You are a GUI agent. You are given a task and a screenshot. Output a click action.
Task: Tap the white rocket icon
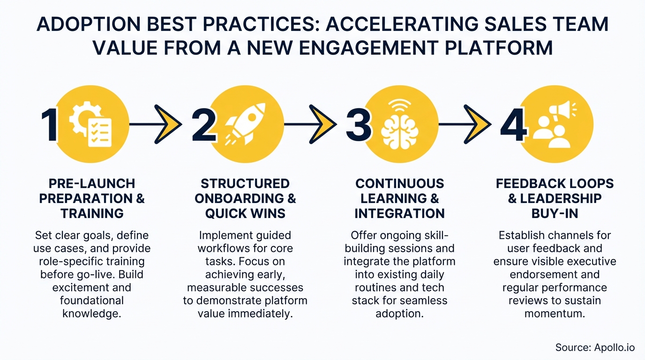click(x=246, y=123)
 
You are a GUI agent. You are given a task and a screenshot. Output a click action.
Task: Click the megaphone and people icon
click(x=553, y=123)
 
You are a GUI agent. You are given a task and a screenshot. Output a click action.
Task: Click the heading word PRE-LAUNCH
click(x=92, y=183)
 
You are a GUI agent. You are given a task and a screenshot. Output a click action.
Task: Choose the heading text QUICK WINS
click(x=245, y=213)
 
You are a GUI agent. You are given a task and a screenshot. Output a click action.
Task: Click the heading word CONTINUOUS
click(x=399, y=183)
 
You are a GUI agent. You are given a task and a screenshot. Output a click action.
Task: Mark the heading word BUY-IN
click(x=555, y=213)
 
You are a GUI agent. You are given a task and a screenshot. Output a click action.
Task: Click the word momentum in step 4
click(x=555, y=313)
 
